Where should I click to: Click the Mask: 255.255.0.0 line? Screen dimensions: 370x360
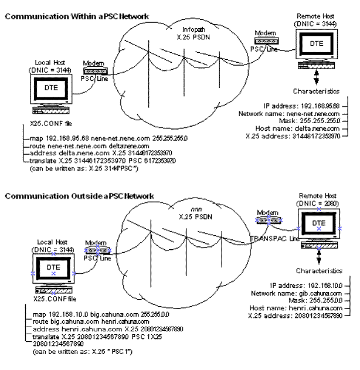315,300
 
